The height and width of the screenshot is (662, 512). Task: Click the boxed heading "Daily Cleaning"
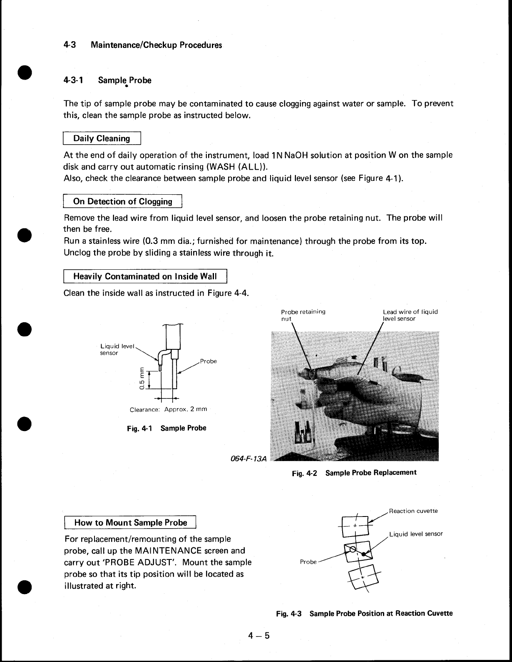click(x=102, y=138)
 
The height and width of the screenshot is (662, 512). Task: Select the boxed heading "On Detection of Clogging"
click(x=122, y=202)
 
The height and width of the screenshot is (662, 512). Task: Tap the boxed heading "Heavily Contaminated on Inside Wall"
click(x=145, y=276)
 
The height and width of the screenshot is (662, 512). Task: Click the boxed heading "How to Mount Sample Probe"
click(x=130, y=523)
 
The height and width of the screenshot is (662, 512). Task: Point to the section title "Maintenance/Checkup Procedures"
click(x=156, y=45)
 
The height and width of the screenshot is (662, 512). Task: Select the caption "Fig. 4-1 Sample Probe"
click(x=167, y=428)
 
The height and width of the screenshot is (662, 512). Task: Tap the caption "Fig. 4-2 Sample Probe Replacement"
click(x=354, y=473)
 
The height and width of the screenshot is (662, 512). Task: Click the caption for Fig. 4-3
click(x=364, y=614)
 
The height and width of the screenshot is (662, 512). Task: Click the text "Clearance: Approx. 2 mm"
click(x=168, y=409)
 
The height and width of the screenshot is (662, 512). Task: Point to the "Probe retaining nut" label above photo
click(x=303, y=315)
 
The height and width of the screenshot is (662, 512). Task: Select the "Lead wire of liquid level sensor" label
click(x=410, y=315)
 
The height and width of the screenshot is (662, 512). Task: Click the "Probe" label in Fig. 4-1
click(x=208, y=361)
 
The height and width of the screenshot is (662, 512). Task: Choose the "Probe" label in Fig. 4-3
click(x=308, y=562)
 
